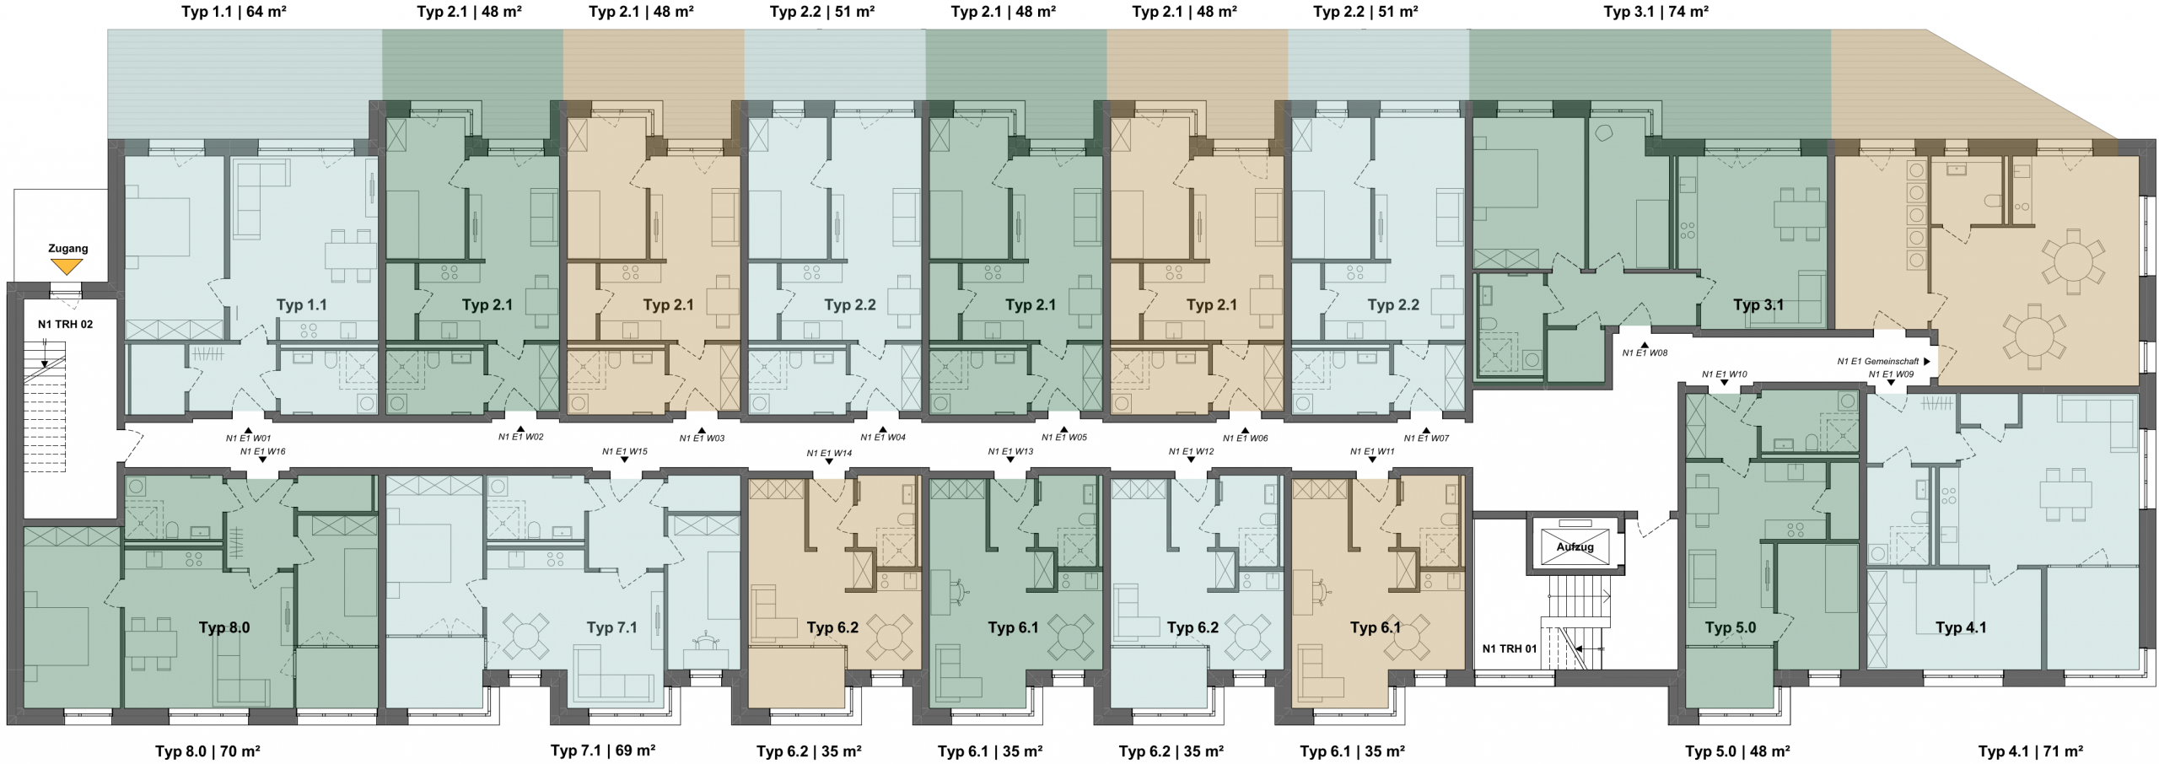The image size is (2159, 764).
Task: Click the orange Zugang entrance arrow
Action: point(67,266)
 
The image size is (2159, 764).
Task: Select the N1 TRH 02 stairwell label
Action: point(65,324)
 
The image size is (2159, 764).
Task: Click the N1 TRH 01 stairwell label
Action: point(1510,648)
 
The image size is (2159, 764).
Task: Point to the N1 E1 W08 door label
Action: point(1645,353)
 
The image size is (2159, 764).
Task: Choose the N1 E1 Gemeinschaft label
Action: point(1883,361)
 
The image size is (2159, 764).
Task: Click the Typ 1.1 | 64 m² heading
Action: point(239,12)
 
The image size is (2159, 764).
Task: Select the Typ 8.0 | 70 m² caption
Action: point(207,751)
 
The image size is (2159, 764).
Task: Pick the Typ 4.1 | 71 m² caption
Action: point(2031,751)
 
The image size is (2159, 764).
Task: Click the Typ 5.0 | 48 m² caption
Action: point(1737,751)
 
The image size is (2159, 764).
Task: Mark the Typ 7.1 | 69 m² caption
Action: point(603,750)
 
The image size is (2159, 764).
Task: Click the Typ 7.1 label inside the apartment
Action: point(612,627)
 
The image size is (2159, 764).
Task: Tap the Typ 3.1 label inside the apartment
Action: point(1758,304)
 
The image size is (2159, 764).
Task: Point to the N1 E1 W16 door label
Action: point(263,452)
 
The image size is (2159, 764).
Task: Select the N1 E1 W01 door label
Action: point(248,438)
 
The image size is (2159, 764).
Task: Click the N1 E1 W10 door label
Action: point(1724,374)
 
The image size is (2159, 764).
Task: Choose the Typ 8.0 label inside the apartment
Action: point(224,627)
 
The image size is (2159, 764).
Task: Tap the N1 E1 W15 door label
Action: point(625,452)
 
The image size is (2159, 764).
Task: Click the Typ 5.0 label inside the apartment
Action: point(1731,627)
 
